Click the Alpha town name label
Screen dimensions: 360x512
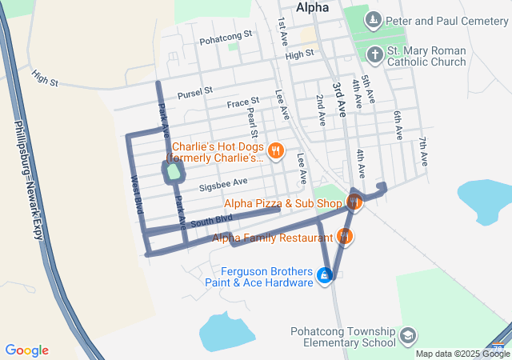[312, 7]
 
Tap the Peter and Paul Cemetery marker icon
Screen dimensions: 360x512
[373, 18]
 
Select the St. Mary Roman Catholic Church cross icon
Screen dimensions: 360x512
[374, 54]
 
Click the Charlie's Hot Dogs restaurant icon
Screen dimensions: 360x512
[275, 149]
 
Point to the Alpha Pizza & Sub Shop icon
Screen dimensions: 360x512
[354, 203]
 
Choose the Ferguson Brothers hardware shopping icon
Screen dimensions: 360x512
[324, 276]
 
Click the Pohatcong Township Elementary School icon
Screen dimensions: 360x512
[408, 334]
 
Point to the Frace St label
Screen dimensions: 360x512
[243, 102]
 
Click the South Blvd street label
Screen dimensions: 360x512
[212, 219]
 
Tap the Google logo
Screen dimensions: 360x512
[26, 350]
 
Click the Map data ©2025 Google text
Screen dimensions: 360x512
[462, 354]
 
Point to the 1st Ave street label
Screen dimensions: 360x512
[282, 32]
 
